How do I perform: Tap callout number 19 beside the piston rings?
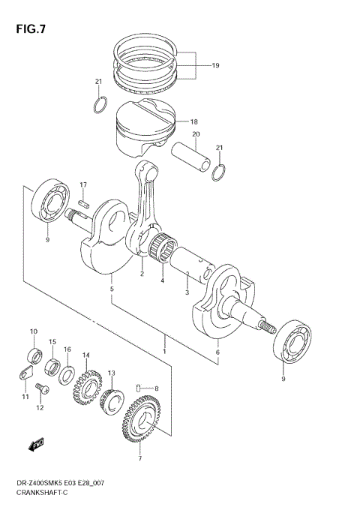coord(215,66)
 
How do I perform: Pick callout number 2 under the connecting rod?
coord(141,274)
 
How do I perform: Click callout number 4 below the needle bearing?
coord(161,281)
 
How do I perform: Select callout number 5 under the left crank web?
coord(112,289)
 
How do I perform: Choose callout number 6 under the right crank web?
coord(217,352)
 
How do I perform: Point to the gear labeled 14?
coord(87,386)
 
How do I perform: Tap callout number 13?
coord(111,373)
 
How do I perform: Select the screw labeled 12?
coord(42,389)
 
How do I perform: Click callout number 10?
coord(32,331)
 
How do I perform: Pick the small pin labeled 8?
coord(140,388)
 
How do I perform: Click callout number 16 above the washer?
coord(67,349)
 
